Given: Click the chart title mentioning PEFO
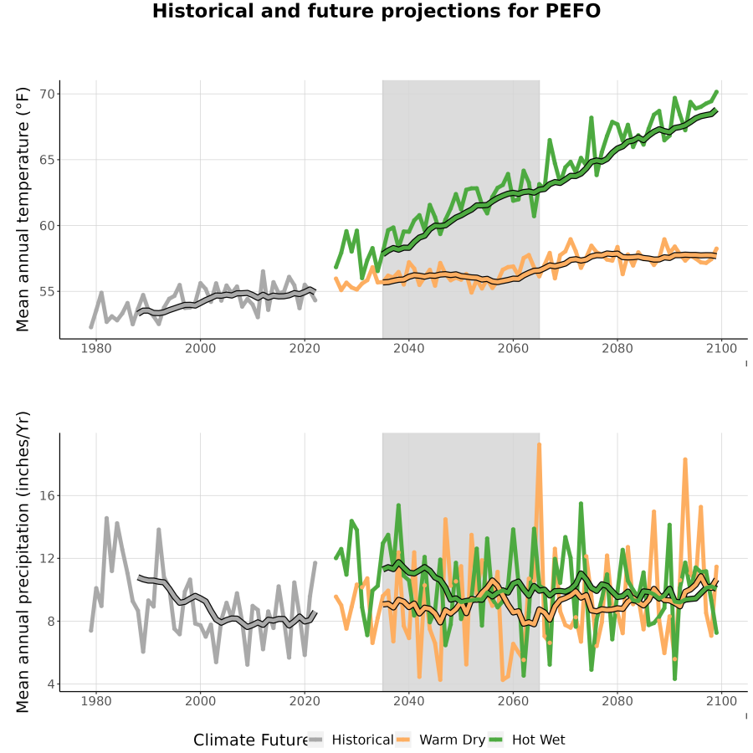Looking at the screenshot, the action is (x=376, y=12).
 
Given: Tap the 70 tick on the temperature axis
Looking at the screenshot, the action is (x=47, y=94).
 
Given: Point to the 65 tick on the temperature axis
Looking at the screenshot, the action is (x=47, y=160).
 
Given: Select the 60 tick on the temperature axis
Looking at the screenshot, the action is (x=47, y=226).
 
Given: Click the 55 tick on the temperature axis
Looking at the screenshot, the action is (x=47, y=291).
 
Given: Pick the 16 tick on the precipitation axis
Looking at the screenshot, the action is (x=47, y=495).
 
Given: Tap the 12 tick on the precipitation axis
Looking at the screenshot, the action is (x=47, y=559).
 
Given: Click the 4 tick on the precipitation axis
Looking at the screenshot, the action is (x=51, y=684).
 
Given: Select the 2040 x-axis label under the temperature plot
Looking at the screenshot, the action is (x=408, y=348).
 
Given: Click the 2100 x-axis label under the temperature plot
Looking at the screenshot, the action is (x=721, y=348).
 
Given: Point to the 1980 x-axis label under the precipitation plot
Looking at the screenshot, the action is (x=96, y=700).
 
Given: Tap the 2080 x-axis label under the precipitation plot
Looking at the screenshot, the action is (x=617, y=700).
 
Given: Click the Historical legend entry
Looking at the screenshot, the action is (x=351, y=740).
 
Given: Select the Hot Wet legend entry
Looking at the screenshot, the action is (x=527, y=740).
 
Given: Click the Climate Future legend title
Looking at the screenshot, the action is (x=250, y=740).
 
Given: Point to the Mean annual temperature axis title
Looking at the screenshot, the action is (x=23, y=209).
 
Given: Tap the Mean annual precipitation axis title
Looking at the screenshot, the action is (x=23, y=562).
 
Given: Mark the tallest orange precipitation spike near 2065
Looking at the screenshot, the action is (x=540, y=445).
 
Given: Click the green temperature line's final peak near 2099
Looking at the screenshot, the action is (x=716, y=92).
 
